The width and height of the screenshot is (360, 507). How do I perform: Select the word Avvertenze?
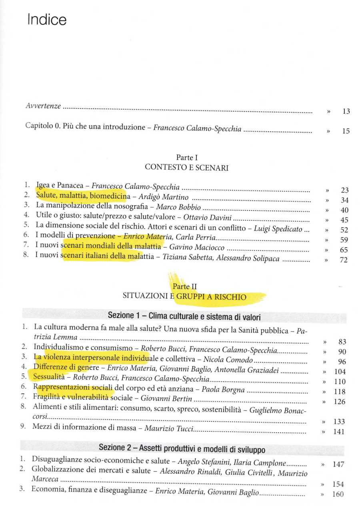click(x=43, y=106)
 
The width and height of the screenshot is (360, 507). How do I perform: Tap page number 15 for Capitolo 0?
click(x=346, y=131)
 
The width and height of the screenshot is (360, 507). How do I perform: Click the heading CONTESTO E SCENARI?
click(x=186, y=168)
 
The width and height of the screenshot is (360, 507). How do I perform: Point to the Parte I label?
click(x=186, y=158)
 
